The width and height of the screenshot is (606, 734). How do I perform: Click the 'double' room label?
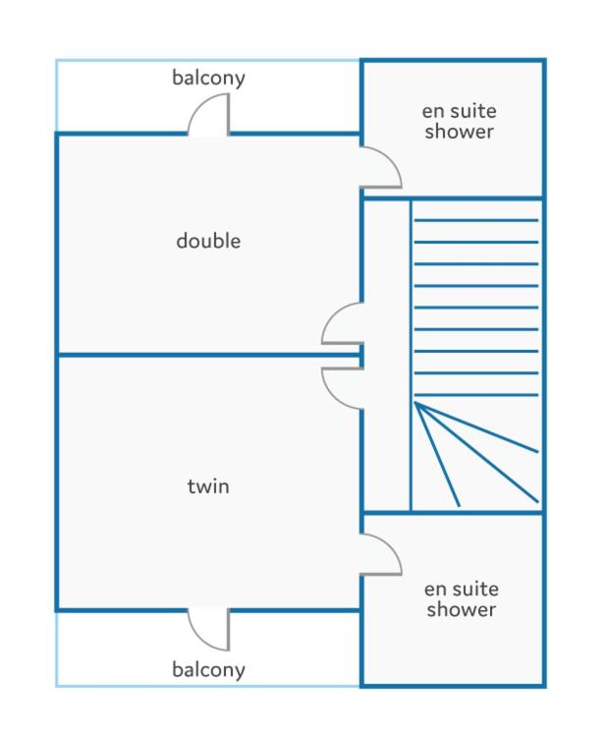tap(208, 241)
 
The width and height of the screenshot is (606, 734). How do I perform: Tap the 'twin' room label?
tap(208, 486)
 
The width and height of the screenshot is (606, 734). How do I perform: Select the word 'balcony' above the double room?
tap(208, 78)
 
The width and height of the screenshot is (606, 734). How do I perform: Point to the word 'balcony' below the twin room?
tap(208, 669)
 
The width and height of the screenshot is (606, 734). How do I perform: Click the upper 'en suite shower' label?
tap(459, 121)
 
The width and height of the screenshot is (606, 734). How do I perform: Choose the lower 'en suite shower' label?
tap(462, 599)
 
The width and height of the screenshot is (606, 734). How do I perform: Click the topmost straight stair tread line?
tap(476, 220)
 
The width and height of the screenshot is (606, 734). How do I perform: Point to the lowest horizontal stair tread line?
tap(476, 395)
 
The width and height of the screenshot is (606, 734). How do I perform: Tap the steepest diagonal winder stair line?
tap(437, 454)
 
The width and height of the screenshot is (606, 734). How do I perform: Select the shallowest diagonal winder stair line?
tap(476, 426)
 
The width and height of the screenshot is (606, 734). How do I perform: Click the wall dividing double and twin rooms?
tap(208, 355)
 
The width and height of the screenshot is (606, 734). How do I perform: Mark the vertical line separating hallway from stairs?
tap(411, 356)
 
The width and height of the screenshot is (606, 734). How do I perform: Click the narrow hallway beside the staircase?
tap(387, 356)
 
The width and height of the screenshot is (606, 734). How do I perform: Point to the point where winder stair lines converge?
tap(415, 403)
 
